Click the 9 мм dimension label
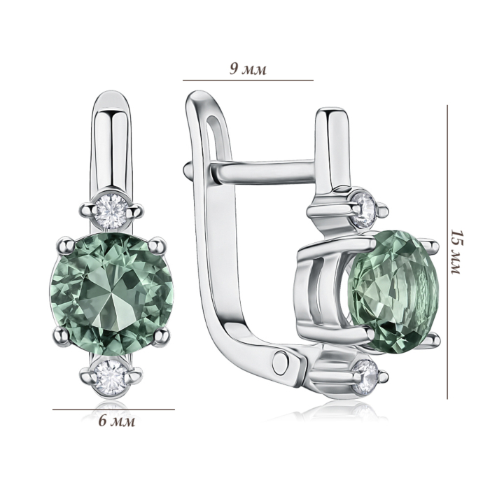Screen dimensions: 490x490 click(248, 69)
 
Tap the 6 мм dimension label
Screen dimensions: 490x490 click(117, 421)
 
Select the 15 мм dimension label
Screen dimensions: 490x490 click(456, 252)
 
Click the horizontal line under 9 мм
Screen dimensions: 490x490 click(248, 80)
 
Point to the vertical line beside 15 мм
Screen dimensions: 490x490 click(447, 252)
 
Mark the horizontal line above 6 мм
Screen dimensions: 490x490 click(113, 409)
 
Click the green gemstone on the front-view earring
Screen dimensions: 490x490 click(112, 295)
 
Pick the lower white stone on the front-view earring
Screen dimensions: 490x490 click(111, 376)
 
